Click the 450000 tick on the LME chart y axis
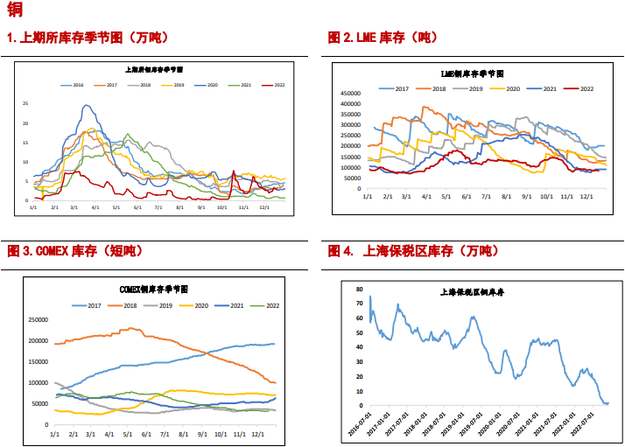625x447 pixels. pos(350,93)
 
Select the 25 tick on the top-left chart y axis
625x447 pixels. pos(25,102)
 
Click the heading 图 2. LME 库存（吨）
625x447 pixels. pos(383,38)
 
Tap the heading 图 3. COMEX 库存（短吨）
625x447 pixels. pos(74,251)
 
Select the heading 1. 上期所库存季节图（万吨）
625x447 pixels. pos(88,38)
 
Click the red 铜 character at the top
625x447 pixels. pos(14,10)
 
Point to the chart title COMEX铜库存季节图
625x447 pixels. pos(154,289)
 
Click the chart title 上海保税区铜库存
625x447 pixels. pos(473,292)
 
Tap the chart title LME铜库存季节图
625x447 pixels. pos(472,74)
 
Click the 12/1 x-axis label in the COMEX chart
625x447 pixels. pos(258,434)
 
